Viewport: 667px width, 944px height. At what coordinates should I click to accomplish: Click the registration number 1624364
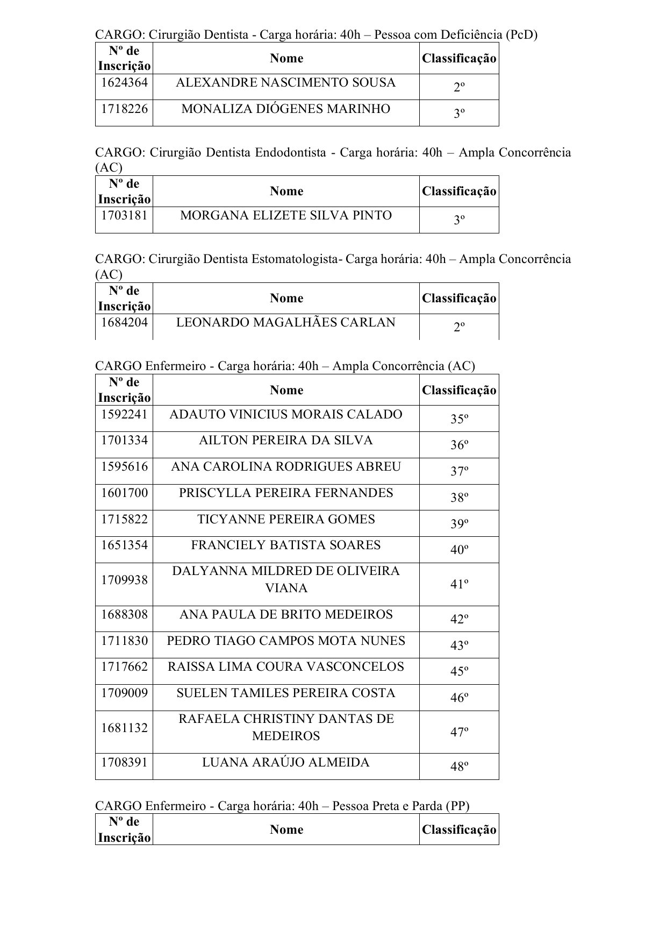(x=124, y=83)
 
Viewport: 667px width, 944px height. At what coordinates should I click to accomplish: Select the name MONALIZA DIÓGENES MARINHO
(x=286, y=109)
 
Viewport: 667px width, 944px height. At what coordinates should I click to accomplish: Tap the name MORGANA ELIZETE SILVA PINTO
(x=286, y=216)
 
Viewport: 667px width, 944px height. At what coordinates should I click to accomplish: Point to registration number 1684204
(x=124, y=323)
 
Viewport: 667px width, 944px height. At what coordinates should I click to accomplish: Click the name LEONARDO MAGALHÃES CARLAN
(x=286, y=323)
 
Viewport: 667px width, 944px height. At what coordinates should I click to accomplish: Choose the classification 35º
(x=459, y=419)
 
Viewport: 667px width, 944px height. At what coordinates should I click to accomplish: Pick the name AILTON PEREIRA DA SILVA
(x=286, y=441)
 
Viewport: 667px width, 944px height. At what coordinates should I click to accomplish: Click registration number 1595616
(x=124, y=467)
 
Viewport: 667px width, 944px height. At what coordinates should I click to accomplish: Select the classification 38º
(x=459, y=498)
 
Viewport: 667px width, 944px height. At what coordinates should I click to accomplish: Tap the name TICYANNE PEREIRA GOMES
(x=286, y=520)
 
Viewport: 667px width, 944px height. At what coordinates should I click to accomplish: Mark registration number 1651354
(x=124, y=545)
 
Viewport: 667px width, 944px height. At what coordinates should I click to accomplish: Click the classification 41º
(x=459, y=584)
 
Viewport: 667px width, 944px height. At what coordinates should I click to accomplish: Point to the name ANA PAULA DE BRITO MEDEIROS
(x=286, y=615)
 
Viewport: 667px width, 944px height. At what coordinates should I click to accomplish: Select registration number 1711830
(x=124, y=641)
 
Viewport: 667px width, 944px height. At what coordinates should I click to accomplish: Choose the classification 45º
(x=459, y=671)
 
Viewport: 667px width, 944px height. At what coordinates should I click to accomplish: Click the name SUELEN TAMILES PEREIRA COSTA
(x=286, y=693)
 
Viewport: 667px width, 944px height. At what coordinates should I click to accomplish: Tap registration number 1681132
(x=124, y=728)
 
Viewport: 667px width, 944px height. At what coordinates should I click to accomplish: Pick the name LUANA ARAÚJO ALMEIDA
(x=286, y=763)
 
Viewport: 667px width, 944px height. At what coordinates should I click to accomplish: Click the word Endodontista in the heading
(x=290, y=153)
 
